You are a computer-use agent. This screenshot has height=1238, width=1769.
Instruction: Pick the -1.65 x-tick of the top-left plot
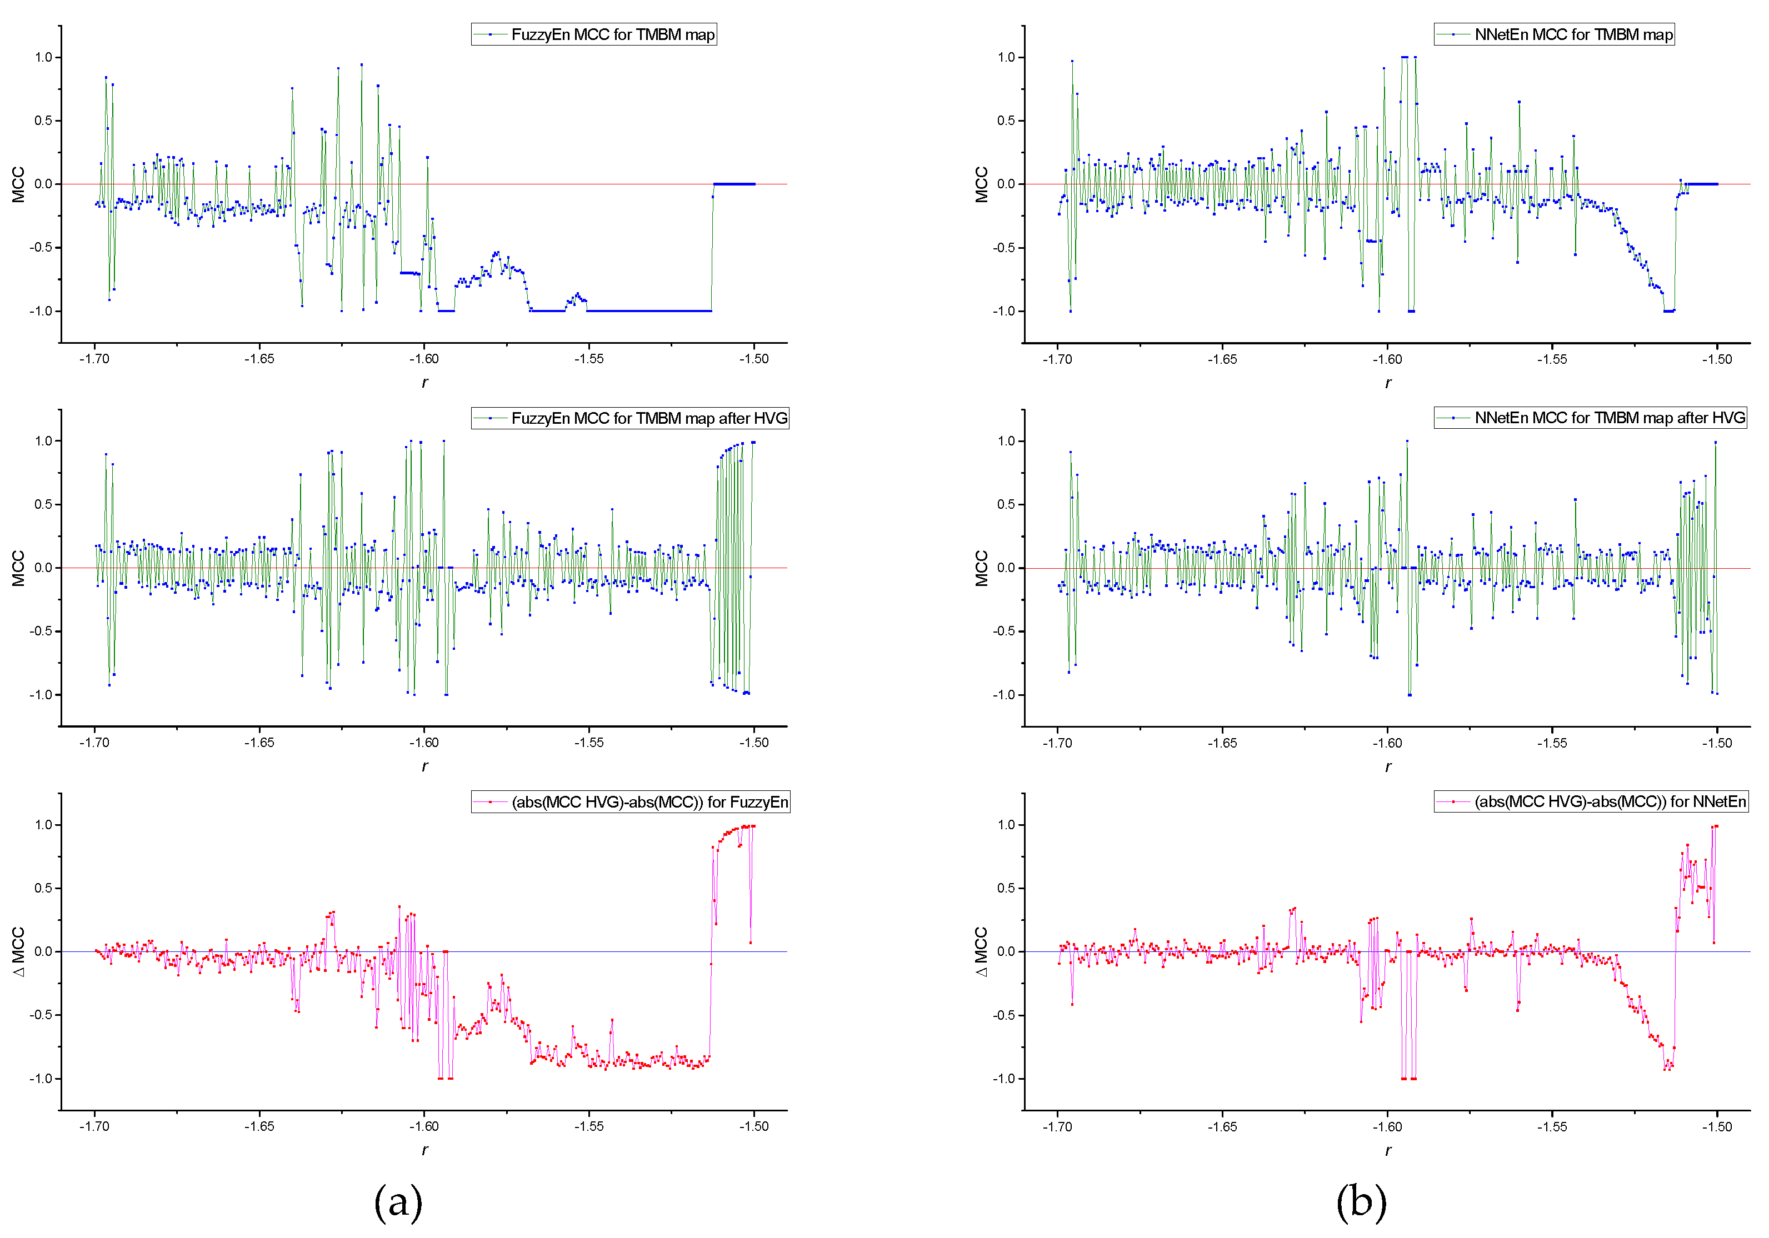(x=259, y=359)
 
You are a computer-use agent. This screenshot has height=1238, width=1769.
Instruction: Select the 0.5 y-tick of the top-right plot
(x=1006, y=121)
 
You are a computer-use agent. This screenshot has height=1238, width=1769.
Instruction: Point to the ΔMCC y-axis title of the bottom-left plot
(x=18, y=951)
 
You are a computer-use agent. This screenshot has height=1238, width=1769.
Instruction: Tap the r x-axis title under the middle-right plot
(x=1388, y=766)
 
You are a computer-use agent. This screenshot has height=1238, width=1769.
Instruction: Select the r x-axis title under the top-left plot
(x=424, y=383)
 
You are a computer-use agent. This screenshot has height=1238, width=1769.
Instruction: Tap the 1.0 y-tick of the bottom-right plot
(x=1006, y=825)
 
